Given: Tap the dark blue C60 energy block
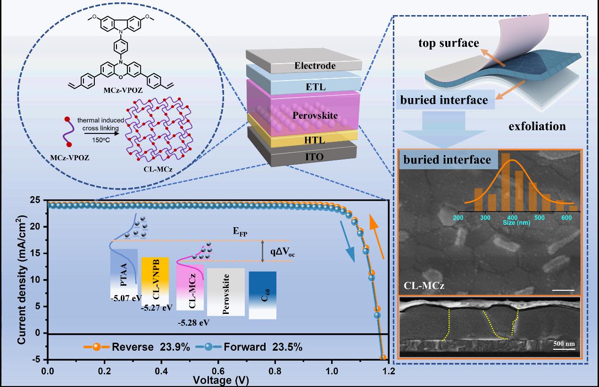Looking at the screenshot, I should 262,295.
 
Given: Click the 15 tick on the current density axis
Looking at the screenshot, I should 38,254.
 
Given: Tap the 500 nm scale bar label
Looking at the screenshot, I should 564,343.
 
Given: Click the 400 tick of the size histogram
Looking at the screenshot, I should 513,218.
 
